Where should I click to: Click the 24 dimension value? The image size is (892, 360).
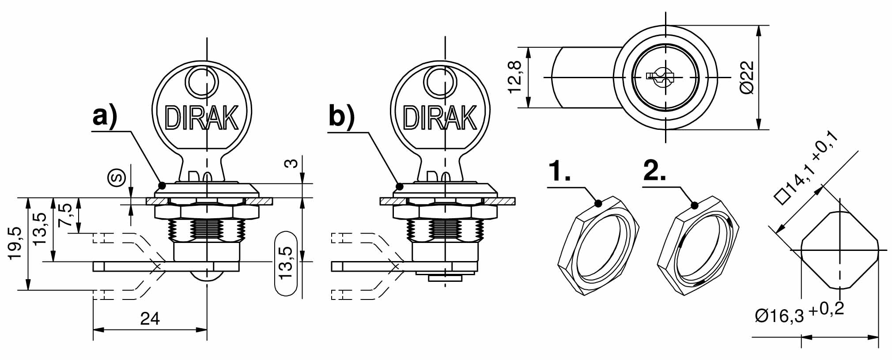pyautogui.click(x=150, y=318)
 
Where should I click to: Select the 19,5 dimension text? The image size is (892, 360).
pyautogui.click(x=15, y=243)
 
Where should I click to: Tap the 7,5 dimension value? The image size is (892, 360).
pyautogui.click(x=65, y=215)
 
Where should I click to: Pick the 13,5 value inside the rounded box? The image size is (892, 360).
pyautogui.click(x=286, y=262)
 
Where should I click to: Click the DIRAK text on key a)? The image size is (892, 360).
pyautogui.click(x=201, y=118)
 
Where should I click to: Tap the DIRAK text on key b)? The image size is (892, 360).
pyautogui.click(x=440, y=118)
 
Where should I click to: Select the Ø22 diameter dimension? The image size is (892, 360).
pyautogui.click(x=746, y=77)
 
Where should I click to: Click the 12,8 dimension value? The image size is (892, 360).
pyautogui.click(x=515, y=77)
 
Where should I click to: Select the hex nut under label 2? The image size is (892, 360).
pyautogui.click(x=699, y=246)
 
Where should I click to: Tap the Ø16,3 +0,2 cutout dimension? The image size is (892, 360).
pyautogui.click(x=799, y=313)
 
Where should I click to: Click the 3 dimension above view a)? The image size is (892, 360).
pyautogui.click(x=291, y=164)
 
